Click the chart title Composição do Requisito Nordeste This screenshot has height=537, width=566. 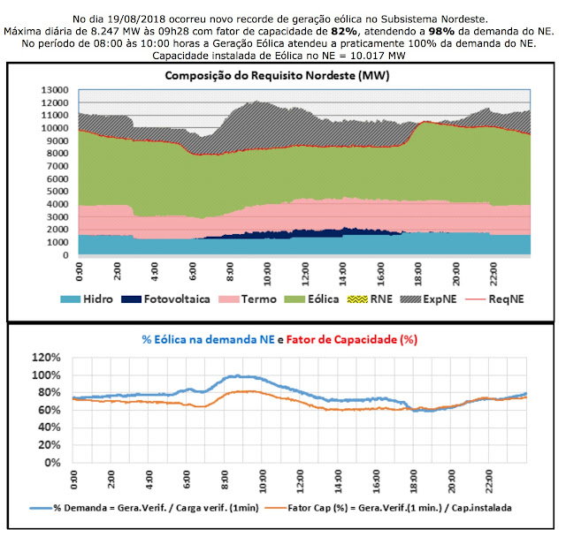point(277,76)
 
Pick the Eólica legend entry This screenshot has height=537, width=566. point(325,299)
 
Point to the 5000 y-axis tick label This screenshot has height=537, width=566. point(59,192)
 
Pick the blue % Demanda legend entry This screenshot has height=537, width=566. point(145,509)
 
